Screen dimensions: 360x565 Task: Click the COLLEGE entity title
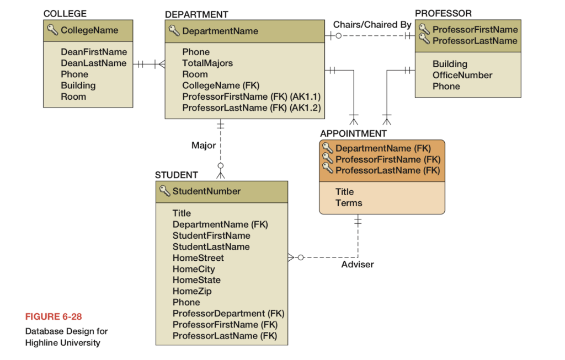tap(65, 14)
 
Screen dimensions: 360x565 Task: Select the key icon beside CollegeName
tap(52, 30)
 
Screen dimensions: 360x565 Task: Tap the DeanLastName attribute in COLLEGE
tap(93, 63)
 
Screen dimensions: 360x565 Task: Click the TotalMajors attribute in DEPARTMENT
tap(207, 63)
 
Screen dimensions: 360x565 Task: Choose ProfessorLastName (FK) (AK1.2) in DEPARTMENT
tap(251, 108)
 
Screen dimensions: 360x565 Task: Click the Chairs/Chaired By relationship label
tap(372, 25)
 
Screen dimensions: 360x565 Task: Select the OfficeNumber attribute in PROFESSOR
tap(462, 75)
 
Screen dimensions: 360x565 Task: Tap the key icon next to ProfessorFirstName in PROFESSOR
tap(424, 29)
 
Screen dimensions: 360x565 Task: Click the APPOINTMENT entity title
tap(353, 133)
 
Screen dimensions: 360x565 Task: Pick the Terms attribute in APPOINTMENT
tap(349, 203)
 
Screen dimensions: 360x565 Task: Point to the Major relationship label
tap(204, 146)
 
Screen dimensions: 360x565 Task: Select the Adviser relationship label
tap(357, 265)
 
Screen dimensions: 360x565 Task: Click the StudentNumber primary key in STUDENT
tap(206, 191)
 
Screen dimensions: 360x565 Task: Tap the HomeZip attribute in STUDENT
tap(192, 291)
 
